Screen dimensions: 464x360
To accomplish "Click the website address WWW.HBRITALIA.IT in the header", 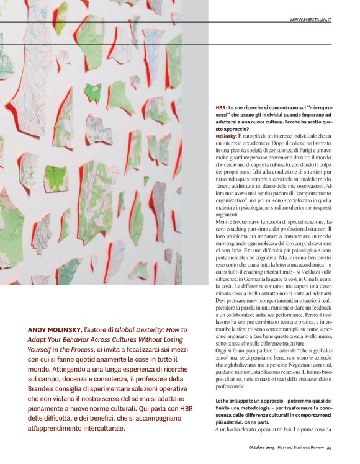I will (310, 20).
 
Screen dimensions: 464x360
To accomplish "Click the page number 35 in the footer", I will (329, 450).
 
